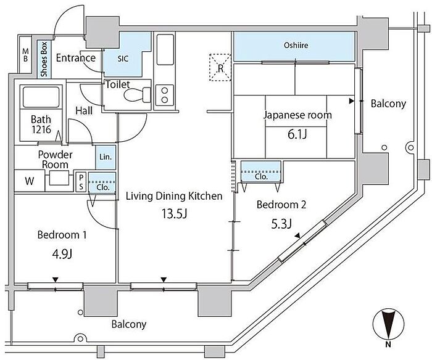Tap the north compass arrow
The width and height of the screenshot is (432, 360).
388,324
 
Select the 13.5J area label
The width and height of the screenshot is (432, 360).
175,214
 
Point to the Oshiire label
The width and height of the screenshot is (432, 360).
296,45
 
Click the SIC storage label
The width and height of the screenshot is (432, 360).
123,59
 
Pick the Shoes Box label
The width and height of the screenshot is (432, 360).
44,59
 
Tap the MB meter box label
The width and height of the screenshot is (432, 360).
25,55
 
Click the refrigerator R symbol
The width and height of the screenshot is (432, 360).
220,68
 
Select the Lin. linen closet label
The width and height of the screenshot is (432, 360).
106,157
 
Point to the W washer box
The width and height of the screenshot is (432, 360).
30,181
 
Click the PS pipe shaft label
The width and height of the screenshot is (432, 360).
81,182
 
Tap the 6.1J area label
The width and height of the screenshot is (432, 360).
297,134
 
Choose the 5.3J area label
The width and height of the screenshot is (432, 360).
281,224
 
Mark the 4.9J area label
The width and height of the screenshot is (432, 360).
62,254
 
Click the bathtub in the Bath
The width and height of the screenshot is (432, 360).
41,97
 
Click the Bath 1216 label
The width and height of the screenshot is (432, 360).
41,124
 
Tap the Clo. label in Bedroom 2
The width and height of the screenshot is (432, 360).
261,176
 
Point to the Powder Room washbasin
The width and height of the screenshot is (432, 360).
59,178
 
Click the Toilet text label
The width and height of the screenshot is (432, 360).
118,84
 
